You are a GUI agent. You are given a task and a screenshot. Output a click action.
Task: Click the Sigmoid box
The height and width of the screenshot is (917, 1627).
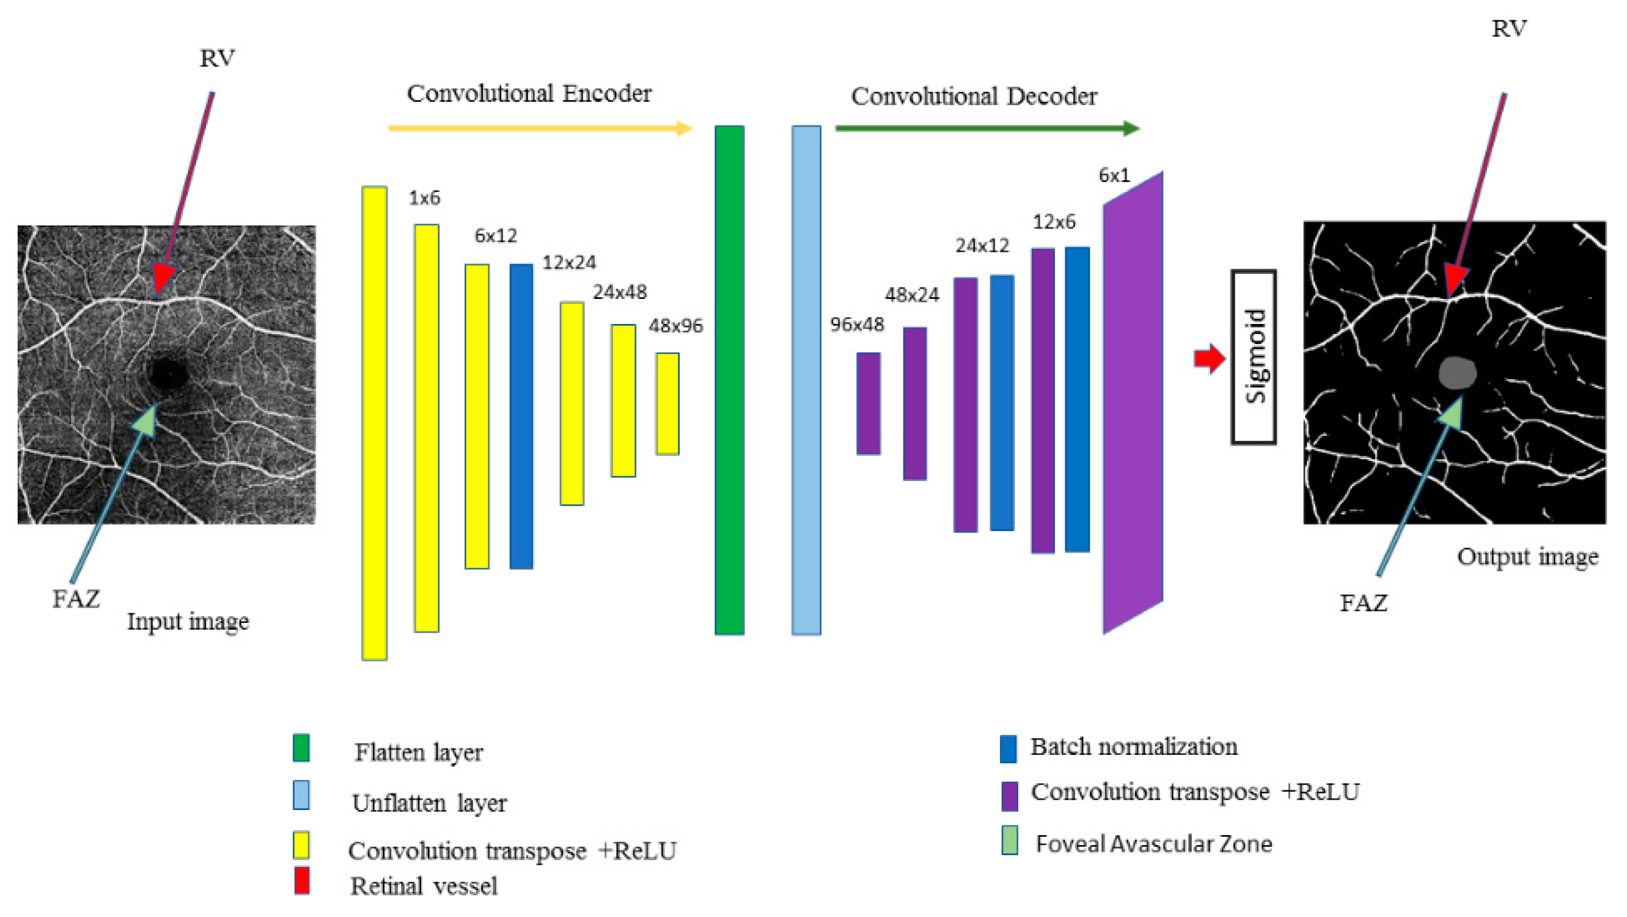(x=1253, y=357)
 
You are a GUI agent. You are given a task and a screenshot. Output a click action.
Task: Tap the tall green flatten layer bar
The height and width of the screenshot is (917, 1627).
(x=729, y=380)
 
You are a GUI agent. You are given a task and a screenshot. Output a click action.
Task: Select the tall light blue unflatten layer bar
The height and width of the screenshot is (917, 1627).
(x=806, y=380)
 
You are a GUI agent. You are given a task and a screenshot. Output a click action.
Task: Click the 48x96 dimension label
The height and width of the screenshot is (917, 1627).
(x=675, y=326)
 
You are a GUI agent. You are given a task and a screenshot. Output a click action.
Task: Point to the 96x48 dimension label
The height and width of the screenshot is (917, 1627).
(x=856, y=325)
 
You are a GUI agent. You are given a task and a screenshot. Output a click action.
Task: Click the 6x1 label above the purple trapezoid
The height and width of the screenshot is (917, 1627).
(x=1114, y=175)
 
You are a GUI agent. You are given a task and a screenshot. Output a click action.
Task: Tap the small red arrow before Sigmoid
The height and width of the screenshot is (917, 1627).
(x=1209, y=359)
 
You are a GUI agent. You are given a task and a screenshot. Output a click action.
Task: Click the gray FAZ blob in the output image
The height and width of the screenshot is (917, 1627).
(x=1457, y=373)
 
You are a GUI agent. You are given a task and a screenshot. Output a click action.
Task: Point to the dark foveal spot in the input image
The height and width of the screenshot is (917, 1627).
(x=168, y=375)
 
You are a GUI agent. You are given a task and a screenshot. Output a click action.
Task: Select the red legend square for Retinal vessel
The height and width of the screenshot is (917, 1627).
(x=302, y=880)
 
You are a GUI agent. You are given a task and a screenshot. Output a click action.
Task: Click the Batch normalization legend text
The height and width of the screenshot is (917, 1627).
(x=1134, y=747)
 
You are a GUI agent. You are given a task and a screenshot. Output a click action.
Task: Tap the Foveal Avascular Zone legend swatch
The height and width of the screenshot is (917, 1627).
(x=1009, y=841)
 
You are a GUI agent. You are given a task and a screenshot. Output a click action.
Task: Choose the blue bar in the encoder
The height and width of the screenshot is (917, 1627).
(x=521, y=416)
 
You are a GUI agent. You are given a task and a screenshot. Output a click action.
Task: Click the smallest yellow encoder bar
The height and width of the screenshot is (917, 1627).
(x=667, y=403)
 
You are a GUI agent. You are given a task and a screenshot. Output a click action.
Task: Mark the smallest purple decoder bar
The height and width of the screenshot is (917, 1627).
(x=868, y=403)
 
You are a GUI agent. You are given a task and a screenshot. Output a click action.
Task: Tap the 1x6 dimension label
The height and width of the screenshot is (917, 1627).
(x=424, y=198)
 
